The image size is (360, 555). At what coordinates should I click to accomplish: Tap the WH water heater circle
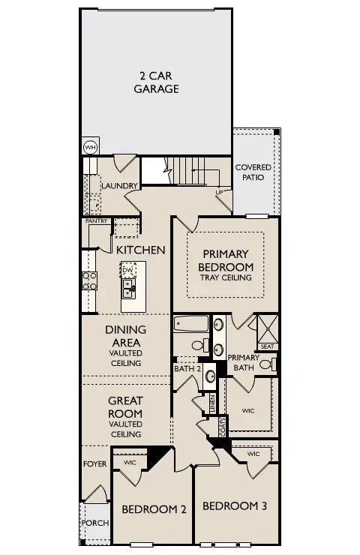click(x=90, y=147)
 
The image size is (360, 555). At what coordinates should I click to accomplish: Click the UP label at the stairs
click(x=219, y=193)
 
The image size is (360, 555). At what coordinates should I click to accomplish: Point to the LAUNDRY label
click(x=119, y=186)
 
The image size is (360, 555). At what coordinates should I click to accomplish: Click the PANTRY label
click(x=97, y=221)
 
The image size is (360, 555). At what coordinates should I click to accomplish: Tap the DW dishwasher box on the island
click(x=127, y=270)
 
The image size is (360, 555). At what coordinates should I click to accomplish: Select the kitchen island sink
click(x=128, y=286)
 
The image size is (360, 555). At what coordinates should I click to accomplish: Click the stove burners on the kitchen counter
click(x=89, y=280)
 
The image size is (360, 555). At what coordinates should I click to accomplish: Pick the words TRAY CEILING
click(x=226, y=277)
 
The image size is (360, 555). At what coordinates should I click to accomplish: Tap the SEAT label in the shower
click(x=267, y=346)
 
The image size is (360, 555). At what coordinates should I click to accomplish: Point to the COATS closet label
click(x=223, y=427)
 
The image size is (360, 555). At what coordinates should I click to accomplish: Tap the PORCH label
click(x=94, y=523)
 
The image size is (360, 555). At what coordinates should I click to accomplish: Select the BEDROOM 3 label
click(x=235, y=505)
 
